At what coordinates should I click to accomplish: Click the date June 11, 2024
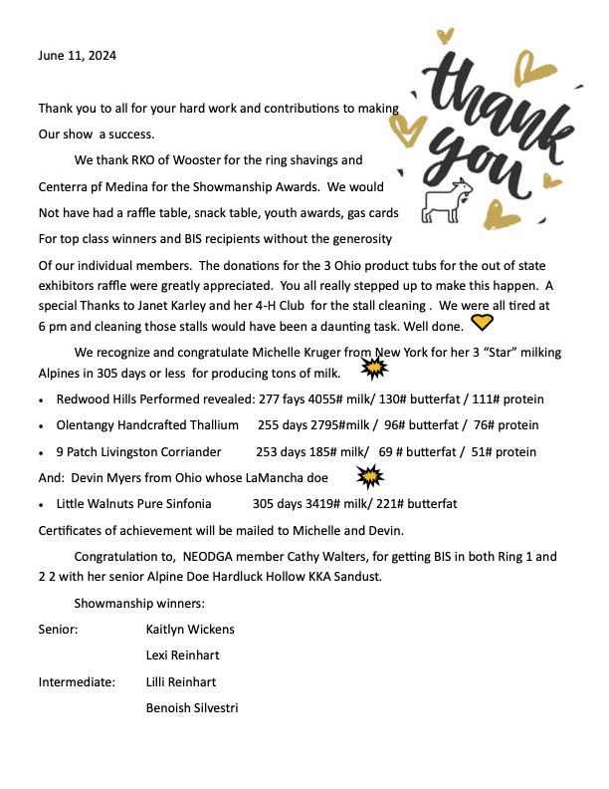tap(78, 56)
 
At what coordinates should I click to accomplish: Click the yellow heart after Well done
tap(482, 322)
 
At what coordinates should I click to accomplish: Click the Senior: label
tap(59, 630)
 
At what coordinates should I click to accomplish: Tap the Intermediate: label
tap(77, 682)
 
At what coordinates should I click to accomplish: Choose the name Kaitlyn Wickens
tap(191, 630)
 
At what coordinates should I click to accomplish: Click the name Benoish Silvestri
tap(192, 708)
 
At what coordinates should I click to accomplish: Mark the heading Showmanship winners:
tap(139, 604)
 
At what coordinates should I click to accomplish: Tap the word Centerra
tap(67, 186)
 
